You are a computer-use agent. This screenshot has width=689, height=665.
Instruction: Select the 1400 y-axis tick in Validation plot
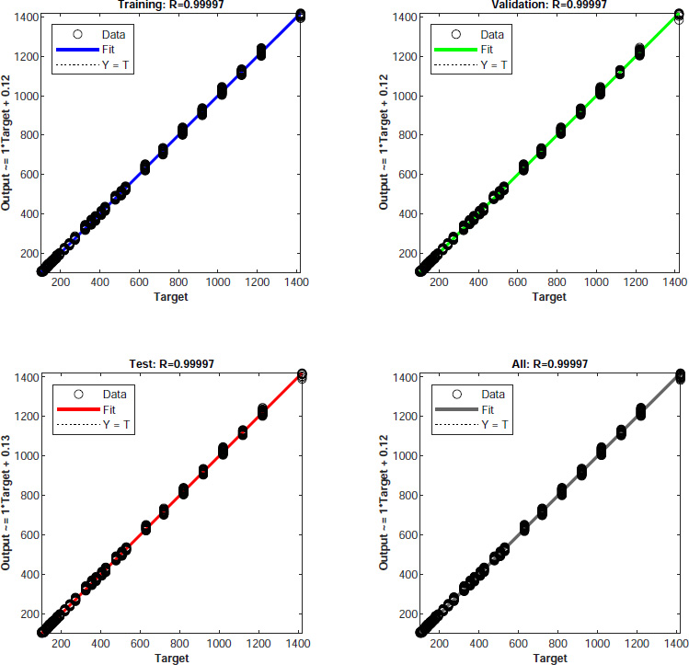(395, 17)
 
